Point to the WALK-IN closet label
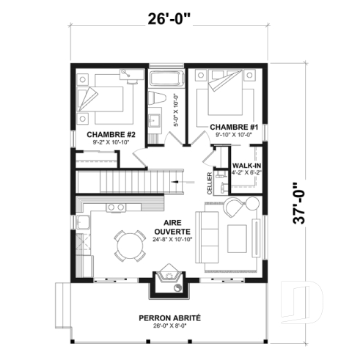coord(247,166)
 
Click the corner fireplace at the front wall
coord(166,280)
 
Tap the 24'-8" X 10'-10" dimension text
coord(172,240)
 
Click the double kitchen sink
coord(116,207)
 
